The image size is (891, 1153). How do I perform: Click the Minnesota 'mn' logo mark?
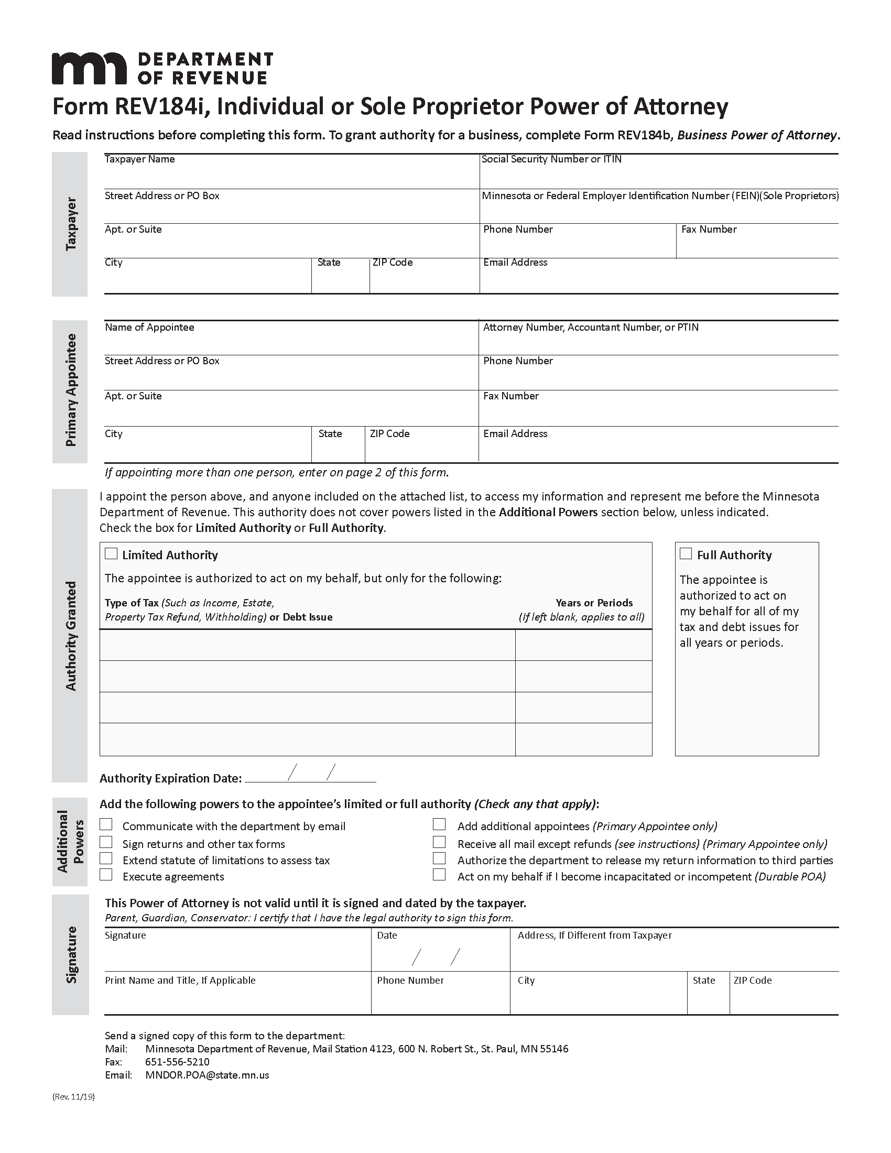(89, 68)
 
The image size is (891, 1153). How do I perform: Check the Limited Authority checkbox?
(111, 553)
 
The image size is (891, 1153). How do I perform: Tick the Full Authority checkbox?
(686, 553)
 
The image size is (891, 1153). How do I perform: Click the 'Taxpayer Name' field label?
(139, 159)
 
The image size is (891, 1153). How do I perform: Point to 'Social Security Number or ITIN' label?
(551, 159)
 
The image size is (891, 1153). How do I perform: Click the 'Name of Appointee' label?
(149, 328)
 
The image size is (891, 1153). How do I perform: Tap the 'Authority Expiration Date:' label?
(170, 778)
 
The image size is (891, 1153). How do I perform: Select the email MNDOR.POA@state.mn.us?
(207, 1075)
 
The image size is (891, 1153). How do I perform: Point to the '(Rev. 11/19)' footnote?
(73, 1096)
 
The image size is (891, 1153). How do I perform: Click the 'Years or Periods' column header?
(594, 603)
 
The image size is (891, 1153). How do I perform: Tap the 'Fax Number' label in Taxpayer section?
(709, 230)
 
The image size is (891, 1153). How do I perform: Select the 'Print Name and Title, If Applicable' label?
(180, 981)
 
